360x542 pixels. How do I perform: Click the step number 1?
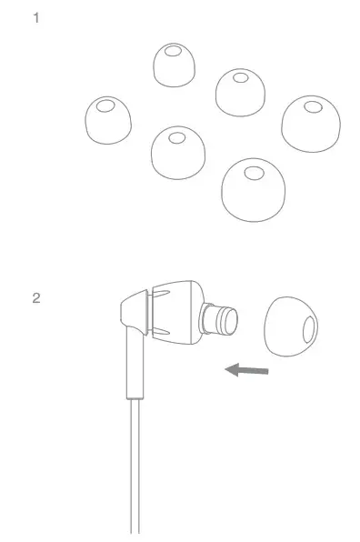click(36, 16)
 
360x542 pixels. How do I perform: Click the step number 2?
click(36, 297)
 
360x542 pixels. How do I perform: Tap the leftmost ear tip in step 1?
click(106, 121)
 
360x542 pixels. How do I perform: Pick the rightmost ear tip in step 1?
click(311, 125)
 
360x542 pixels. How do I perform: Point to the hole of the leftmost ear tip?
click(105, 107)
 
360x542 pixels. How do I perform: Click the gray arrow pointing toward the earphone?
click(247, 369)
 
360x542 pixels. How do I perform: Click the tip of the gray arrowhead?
click(226, 368)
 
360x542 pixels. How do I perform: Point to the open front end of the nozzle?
click(233, 321)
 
